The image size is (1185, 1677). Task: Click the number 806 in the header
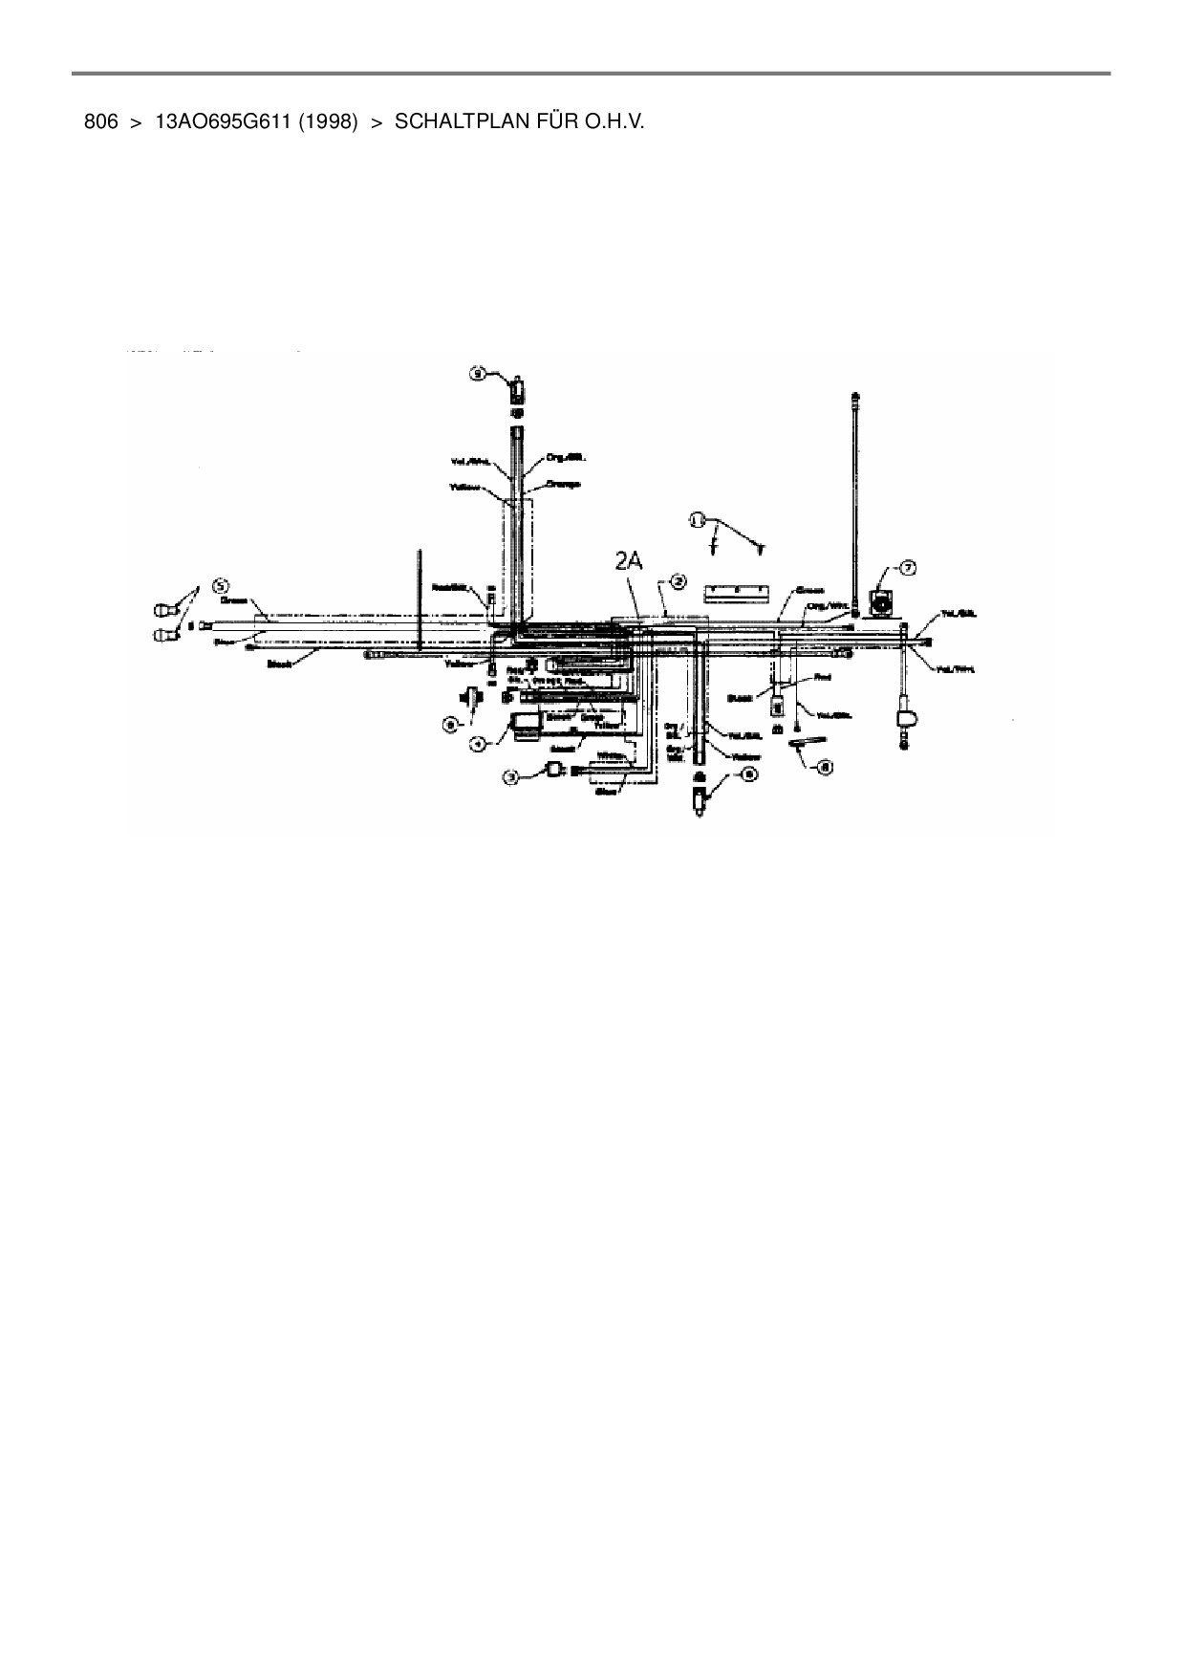click(100, 122)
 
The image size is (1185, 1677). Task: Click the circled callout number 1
click(697, 519)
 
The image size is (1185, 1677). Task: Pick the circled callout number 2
click(677, 580)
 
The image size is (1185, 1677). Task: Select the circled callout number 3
click(512, 778)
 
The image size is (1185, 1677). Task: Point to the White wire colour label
click(611, 756)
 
